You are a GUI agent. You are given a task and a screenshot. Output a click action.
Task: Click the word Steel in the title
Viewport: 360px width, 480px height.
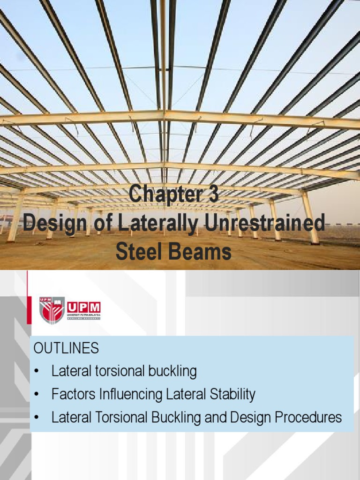[x=137, y=252]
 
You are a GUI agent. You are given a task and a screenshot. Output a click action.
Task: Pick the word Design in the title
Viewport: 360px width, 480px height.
[x=51, y=224]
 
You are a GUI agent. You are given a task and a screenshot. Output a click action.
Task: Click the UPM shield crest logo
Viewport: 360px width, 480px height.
[x=52, y=310]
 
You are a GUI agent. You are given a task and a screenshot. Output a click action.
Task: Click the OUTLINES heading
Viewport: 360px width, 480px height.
[x=66, y=348]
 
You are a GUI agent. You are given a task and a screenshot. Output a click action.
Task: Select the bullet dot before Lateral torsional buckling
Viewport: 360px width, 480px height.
[x=37, y=372]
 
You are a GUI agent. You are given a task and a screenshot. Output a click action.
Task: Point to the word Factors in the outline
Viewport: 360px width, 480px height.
[x=74, y=395]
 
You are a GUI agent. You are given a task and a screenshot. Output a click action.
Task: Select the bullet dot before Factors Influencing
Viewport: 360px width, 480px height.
[x=37, y=395]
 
